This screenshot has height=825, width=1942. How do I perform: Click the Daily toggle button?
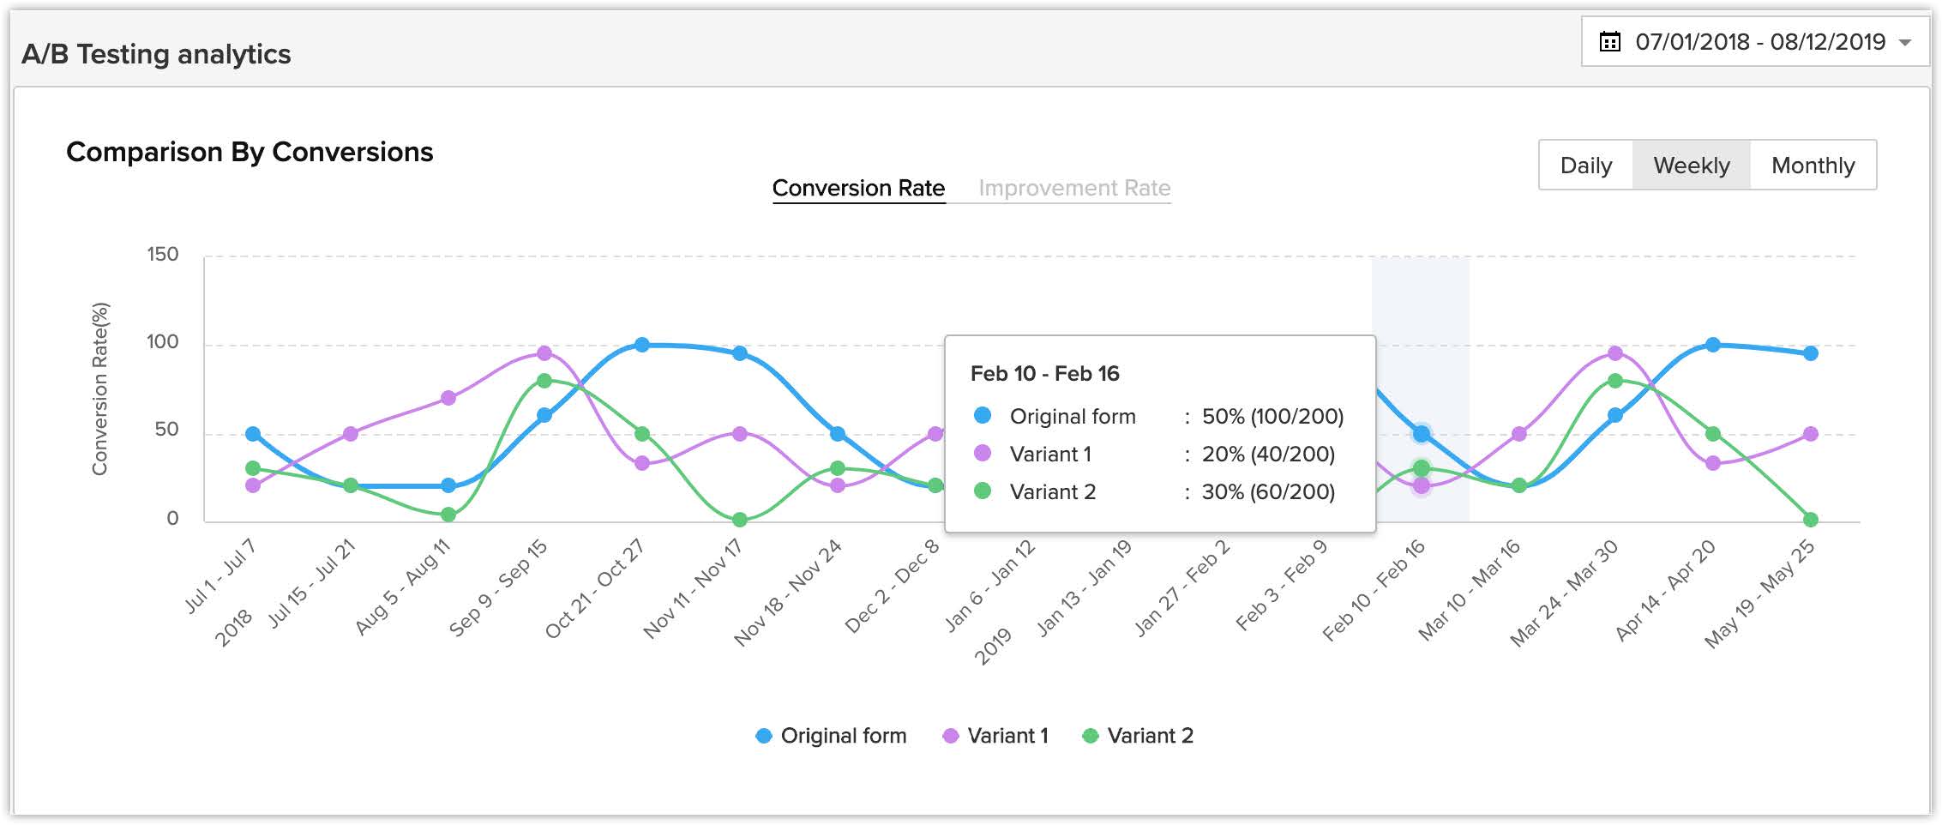click(1585, 166)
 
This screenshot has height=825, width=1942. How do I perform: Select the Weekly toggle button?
click(1691, 166)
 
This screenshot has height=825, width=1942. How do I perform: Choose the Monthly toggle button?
click(1813, 166)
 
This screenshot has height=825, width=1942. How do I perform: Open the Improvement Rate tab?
click(1074, 188)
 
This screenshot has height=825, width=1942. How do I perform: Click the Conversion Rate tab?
click(858, 188)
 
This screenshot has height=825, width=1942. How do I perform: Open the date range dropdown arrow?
click(1905, 42)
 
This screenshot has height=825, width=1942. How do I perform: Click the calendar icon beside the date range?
click(1610, 42)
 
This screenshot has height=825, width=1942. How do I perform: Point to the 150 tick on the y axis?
click(163, 255)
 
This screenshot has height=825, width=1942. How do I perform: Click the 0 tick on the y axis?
click(172, 518)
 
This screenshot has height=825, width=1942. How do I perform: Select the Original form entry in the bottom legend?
click(831, 736)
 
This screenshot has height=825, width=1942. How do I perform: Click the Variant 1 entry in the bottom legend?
click(995, 736)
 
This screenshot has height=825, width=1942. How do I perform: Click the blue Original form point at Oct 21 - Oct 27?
click(641, 345)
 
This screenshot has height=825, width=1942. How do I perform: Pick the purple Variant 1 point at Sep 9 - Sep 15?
click(544, 353)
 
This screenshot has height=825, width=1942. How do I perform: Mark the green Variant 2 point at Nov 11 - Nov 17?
click(740, 520)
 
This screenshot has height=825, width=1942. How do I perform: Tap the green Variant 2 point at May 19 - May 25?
click(1810, 520)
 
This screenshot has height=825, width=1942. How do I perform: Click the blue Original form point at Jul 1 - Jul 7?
click(253, 434)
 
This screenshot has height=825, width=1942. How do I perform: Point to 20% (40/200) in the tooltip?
click(1268, 454)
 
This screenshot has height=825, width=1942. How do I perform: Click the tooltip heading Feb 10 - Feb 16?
click(1044, 374)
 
